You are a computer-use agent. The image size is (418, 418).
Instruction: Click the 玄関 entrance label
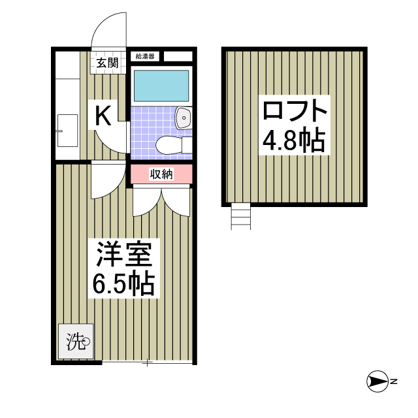coord(108,63)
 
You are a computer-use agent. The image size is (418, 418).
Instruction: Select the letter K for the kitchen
coord(103,116)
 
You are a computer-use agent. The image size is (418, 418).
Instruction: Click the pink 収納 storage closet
coord(161,174)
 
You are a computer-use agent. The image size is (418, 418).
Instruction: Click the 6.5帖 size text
coord(124,284)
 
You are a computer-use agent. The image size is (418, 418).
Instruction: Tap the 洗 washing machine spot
coord(76,341)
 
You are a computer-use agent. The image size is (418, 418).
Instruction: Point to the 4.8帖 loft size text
coord(293,139)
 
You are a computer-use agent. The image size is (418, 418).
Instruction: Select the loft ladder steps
coord(240,216)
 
